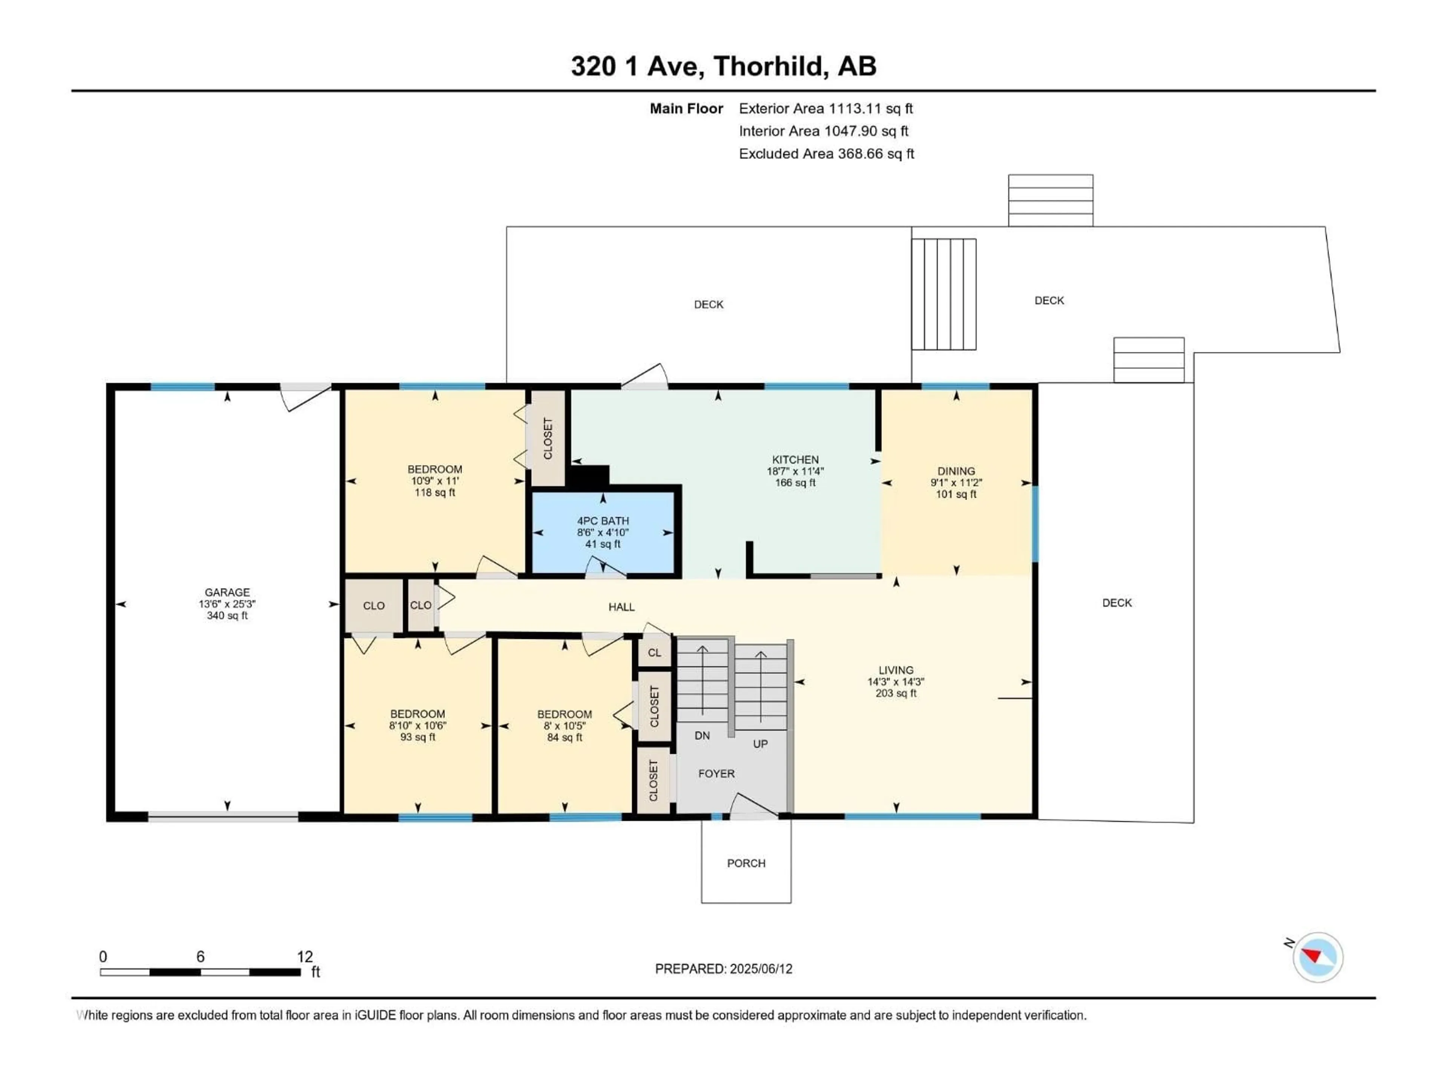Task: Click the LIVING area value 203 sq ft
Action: tap(896, 693)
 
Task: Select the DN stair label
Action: tap(702, 736)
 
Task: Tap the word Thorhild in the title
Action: tap(767, 66)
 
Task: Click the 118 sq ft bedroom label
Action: tap(435, 492)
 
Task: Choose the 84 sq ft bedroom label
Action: tap(564, 737)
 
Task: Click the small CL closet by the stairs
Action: tap(654, 653)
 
